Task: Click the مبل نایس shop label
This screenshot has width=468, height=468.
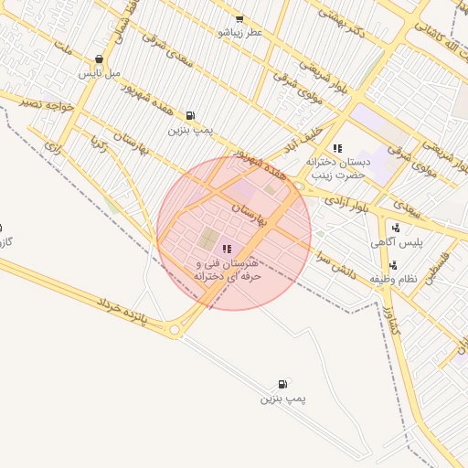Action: click(x=98, y=72)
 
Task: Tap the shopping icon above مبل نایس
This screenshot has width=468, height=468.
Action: click(x=98, y=58)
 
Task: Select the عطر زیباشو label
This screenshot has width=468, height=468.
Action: click(x=239, y=31)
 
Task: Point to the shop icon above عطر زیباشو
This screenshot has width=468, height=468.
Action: click(x=239, y=18)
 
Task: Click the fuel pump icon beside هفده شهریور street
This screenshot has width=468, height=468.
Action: click(x=190, y=115)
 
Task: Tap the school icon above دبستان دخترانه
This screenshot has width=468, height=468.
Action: click(x=337, y=147)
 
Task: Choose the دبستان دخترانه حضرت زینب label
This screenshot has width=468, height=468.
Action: click(x=337, y=167)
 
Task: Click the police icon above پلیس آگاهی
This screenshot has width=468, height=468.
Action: click(x=396, y=228)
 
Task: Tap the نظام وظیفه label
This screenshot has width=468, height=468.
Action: click(x=393, y=278)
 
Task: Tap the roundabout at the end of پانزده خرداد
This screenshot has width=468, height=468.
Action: click(x=175, y=333)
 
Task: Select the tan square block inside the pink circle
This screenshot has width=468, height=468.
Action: click(x=208, y=240)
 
